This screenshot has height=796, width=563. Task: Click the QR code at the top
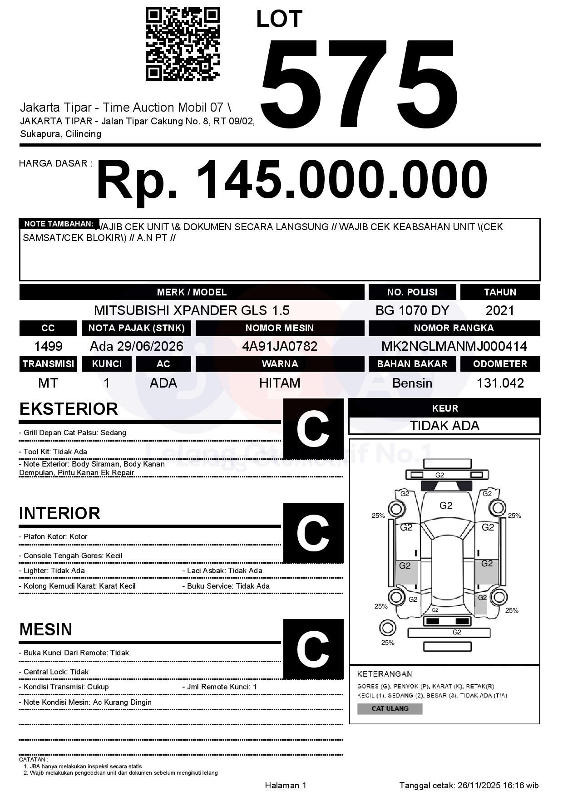point(183,44)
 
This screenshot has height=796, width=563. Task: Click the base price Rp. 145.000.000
point(291,180)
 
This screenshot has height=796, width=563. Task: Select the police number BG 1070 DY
point(412,310)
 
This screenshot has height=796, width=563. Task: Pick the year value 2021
point(500,310)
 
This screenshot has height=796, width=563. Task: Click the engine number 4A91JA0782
point(280,346)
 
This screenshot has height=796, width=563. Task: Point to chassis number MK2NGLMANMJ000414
point(454,346)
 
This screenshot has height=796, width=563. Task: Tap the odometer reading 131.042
point(500,383)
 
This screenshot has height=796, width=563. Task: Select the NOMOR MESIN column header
point(280,328)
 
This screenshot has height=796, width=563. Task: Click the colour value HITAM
point(280,383)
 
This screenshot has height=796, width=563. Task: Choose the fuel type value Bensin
point(412,383)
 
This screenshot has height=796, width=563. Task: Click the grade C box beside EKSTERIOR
point(313,429)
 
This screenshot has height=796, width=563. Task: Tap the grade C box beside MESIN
point(313,649)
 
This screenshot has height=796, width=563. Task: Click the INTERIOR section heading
point(59,513)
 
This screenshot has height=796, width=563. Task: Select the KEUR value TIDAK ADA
point(444,426)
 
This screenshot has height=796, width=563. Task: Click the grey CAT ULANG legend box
point(390,708)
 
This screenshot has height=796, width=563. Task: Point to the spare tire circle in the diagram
point(387,628)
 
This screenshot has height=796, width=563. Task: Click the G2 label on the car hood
point(446,506)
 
